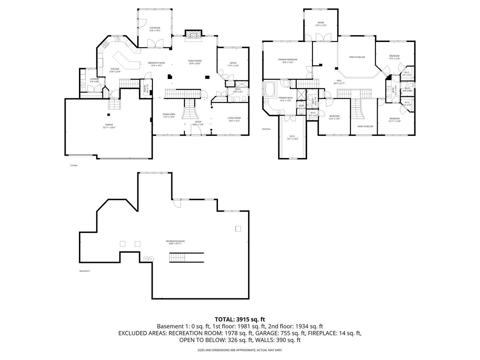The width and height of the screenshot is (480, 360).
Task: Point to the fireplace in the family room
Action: (x=193, y=35)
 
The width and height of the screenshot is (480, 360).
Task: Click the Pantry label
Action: (x=146, y=88)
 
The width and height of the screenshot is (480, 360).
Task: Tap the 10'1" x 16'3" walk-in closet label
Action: (x=292, y=137)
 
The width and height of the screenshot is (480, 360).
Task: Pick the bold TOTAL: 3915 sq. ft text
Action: (x=240, y=319)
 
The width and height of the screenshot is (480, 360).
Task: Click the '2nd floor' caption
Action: (x=266, y=129)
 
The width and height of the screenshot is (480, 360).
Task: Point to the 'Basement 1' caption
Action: (x=85, y=271)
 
